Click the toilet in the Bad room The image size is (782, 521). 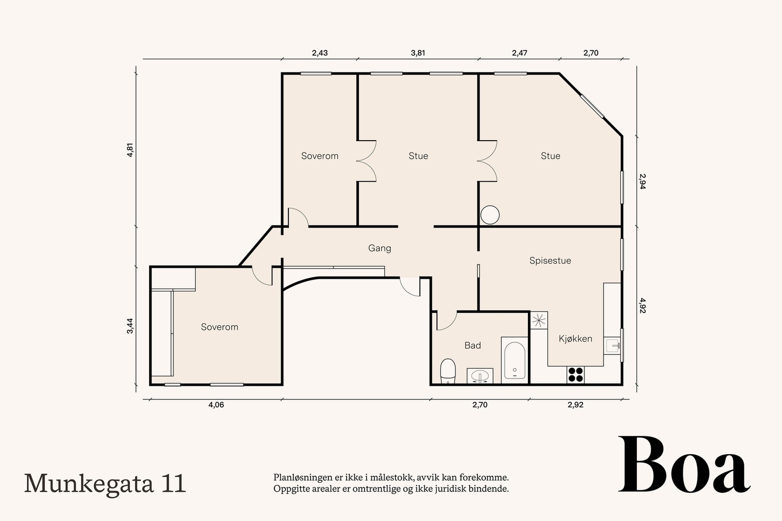click(448, 371)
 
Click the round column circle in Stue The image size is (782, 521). click(490, 215)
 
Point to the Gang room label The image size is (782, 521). click(380, 248)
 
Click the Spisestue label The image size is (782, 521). click(550, 261)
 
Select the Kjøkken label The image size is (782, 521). click(575, 338)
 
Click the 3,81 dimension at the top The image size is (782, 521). click(417, 53)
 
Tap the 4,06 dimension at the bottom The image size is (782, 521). click(216, 405)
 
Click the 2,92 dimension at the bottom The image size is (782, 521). click(575, 405)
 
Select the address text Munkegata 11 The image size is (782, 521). click(105, 483)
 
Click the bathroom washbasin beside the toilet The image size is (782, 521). click(480, 376)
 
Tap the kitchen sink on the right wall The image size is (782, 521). click(612, 346)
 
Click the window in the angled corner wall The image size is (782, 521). click(592, 106)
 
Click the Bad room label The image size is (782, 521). click(473, 345)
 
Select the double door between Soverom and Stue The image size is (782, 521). click(366, 161)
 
